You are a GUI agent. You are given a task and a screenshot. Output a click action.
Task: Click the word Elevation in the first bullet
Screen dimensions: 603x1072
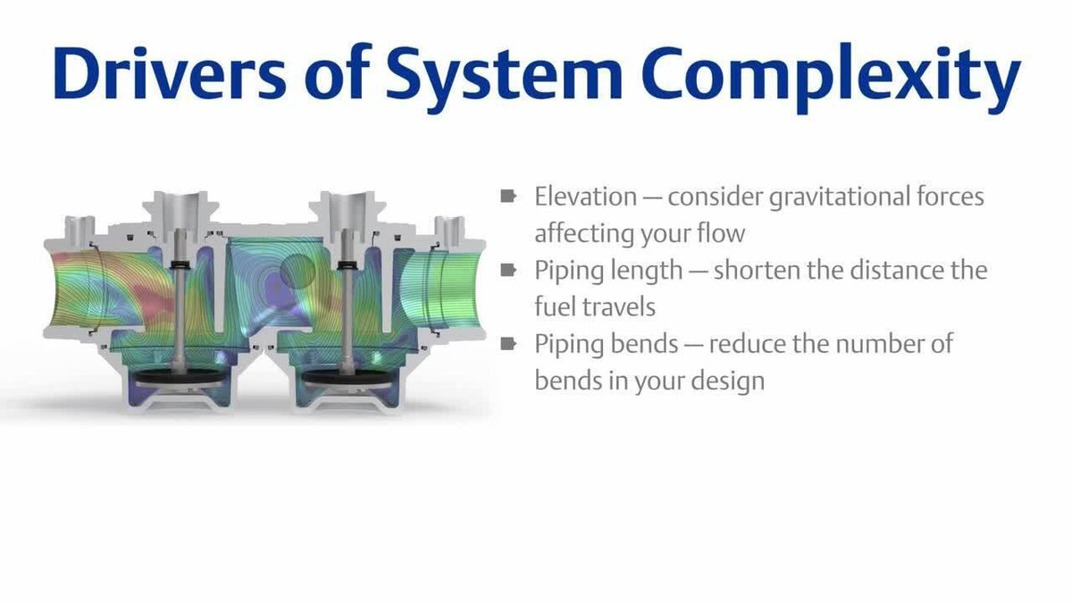tap(584, 197)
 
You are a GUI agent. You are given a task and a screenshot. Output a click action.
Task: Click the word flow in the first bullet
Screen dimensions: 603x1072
tap(719, 233)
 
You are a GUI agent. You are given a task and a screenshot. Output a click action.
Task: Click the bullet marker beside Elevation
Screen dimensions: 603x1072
tap(509, 196)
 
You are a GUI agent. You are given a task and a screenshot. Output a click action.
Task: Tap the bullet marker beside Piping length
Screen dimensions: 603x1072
tap(509, 269)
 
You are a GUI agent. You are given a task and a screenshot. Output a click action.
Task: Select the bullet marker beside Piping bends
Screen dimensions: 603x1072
tap(509, 343)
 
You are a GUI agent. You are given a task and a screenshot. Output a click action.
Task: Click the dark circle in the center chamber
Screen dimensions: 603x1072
tap(297, 270)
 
